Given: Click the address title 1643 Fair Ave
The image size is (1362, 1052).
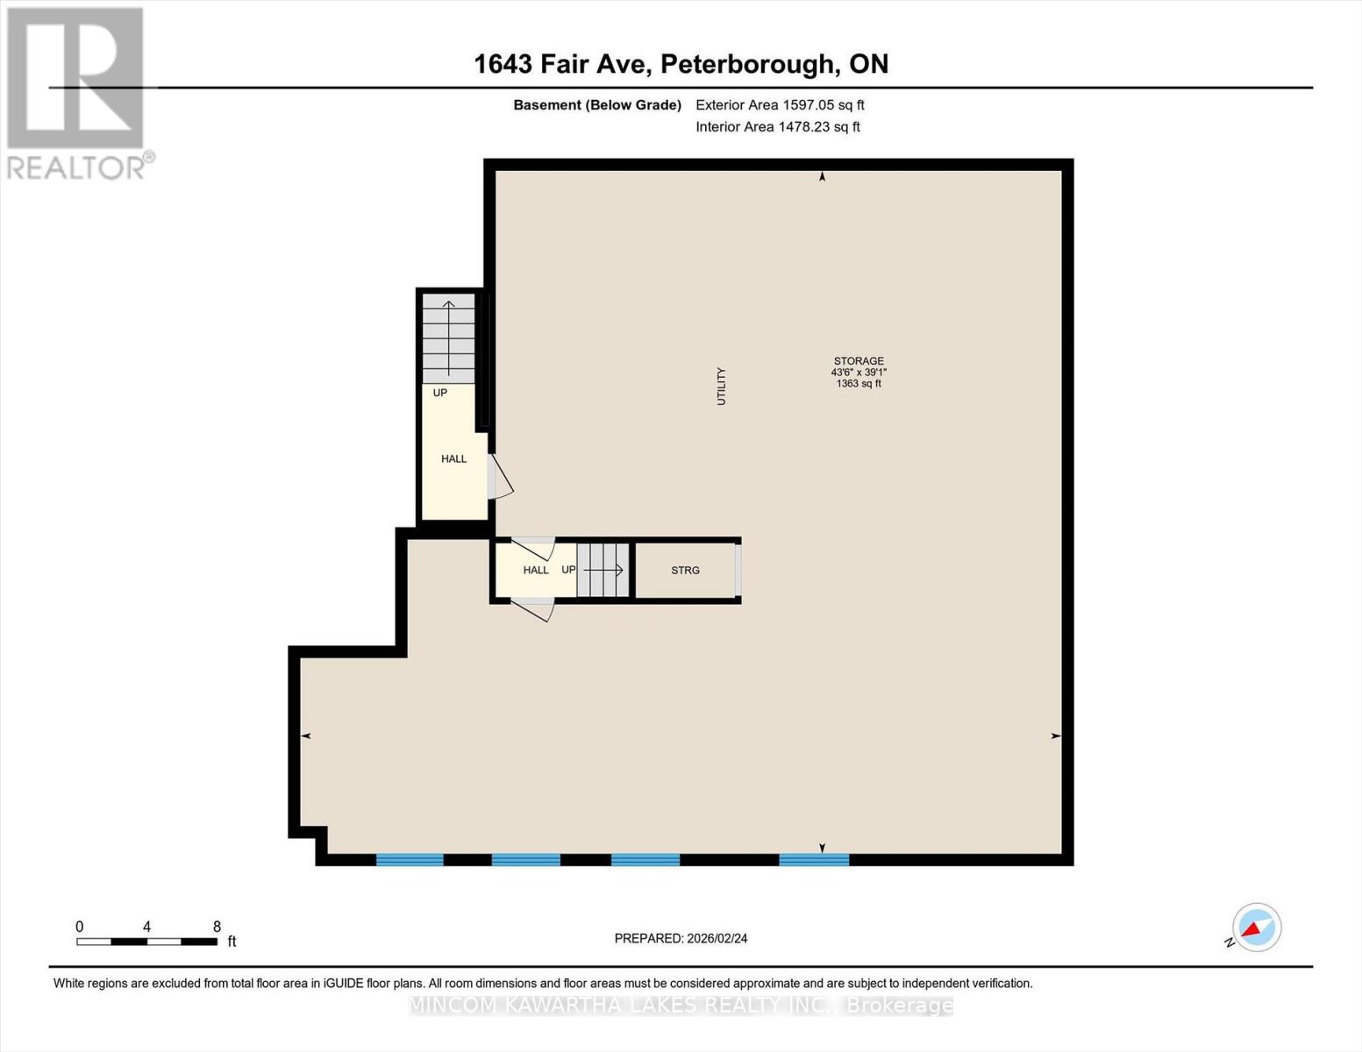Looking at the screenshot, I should [681, 64].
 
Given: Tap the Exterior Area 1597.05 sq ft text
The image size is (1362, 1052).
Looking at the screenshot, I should [780, 104].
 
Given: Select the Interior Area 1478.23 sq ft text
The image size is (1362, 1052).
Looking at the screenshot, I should [777, 126].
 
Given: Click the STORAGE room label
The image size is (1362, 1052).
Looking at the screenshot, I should [859, 360].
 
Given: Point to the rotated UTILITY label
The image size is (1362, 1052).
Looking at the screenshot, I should [722, 386].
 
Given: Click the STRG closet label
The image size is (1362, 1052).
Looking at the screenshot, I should [685, 570].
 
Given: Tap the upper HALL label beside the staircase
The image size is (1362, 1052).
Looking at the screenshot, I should [453, 458].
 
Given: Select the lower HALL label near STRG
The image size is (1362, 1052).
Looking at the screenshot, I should [535, 570].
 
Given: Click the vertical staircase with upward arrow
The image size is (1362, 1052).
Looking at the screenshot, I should [448, 338].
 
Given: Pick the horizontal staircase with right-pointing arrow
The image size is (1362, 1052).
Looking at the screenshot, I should [603, 570].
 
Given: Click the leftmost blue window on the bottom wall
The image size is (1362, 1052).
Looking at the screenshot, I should [410, 859].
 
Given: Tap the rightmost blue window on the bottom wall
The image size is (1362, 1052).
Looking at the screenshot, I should [814, 859].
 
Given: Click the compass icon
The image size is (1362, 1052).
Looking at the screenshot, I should [1256, 928].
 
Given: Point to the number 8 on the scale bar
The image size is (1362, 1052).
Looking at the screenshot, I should [217, 927].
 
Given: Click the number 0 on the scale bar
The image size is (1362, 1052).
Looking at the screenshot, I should [80, 927].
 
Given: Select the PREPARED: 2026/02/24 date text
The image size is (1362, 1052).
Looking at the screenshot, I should [681, 938].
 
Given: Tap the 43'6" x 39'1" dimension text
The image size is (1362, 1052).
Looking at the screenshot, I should [859, 372].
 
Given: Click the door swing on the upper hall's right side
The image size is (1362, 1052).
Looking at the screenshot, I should [500, 477].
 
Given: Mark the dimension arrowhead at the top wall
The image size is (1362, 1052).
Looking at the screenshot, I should [822, 177].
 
